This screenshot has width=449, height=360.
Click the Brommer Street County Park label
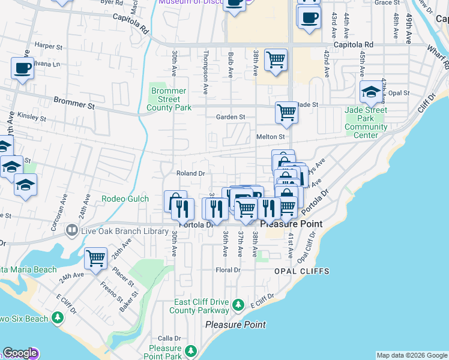(169, 99)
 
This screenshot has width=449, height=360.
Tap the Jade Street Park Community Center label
(366, 122)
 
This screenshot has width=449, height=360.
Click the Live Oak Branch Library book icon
(72, 230)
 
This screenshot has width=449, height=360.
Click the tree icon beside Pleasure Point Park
(191, 350)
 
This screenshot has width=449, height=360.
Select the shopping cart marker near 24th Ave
(95, 259)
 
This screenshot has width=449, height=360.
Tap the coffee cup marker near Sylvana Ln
(22, 68)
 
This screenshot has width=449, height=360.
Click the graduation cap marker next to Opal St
(372, 92)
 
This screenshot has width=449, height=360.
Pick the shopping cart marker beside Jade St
(287, 112)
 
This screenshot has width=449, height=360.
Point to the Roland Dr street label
(191, 173)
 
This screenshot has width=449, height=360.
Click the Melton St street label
(270, 137)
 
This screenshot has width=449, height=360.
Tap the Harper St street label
(49, 46)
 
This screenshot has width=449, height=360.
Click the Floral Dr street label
(228, 270)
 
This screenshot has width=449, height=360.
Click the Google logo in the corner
(20, 353)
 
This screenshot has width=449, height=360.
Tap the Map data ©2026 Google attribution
(412, 355)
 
